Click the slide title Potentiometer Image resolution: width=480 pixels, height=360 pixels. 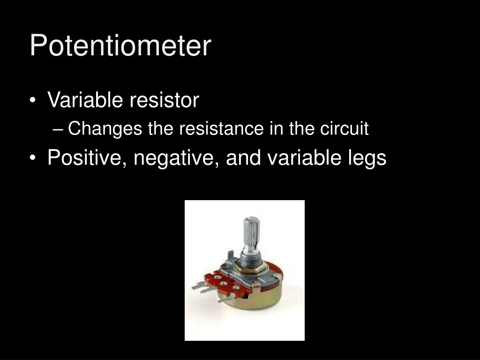tap(120, 46)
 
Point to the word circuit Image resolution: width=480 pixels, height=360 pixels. tap(345, 128)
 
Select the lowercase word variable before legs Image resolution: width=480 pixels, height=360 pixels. tap(304, 158)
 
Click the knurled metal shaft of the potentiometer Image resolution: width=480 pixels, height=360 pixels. tap(252, 232)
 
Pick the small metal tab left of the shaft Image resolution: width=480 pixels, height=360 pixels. tap(231, 255)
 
